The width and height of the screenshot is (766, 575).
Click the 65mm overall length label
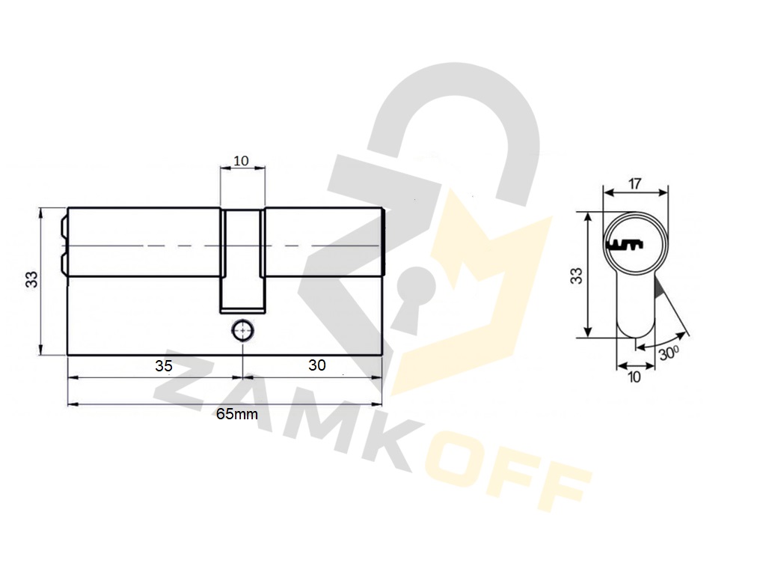[237, 414]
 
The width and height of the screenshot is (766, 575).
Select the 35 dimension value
[164, 365]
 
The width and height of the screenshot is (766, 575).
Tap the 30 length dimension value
[317, 365]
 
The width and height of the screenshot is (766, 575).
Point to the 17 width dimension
[634, 184]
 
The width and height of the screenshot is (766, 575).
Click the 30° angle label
[669, 353]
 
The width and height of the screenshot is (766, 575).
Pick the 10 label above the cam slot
[242, 160]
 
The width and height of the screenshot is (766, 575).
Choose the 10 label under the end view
[634, 377]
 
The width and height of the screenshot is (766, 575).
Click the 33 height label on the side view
[31, 280]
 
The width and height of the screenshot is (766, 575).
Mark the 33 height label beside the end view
[577, 276]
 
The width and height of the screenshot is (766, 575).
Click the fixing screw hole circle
[242, 331]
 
